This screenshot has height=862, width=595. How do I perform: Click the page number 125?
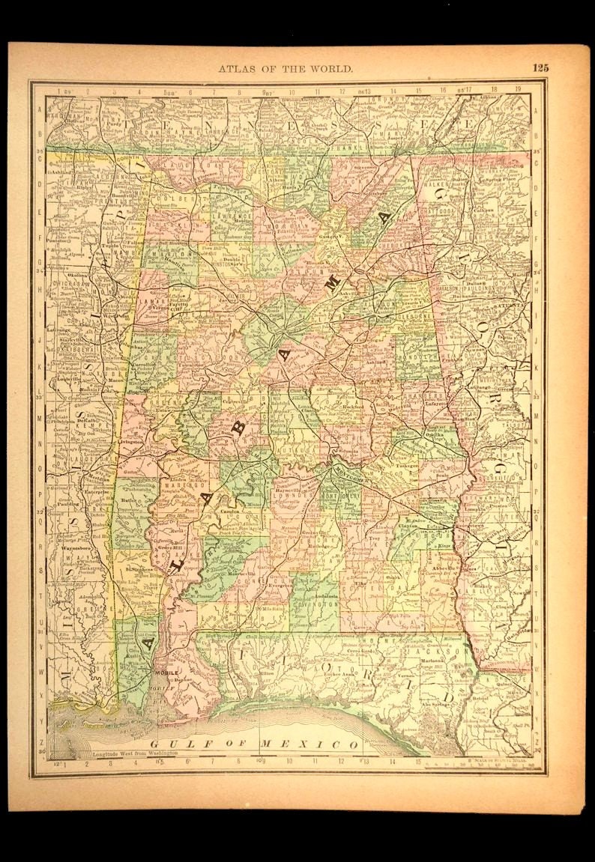click(x=540, y=67)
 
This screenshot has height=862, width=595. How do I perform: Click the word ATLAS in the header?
click(x=235, y=68)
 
